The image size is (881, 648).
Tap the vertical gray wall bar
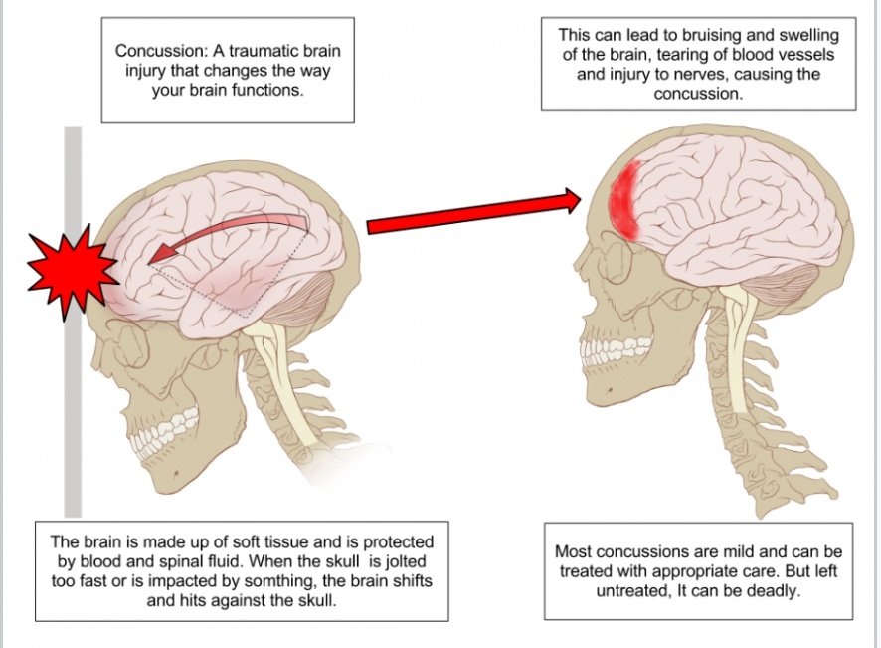point(73,322)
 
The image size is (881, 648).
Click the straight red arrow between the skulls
point(473,211)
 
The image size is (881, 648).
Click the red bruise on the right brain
point(626,200)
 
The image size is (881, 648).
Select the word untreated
point(630,591)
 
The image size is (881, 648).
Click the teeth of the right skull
point(616,348)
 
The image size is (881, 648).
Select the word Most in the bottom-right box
point(573,551)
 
